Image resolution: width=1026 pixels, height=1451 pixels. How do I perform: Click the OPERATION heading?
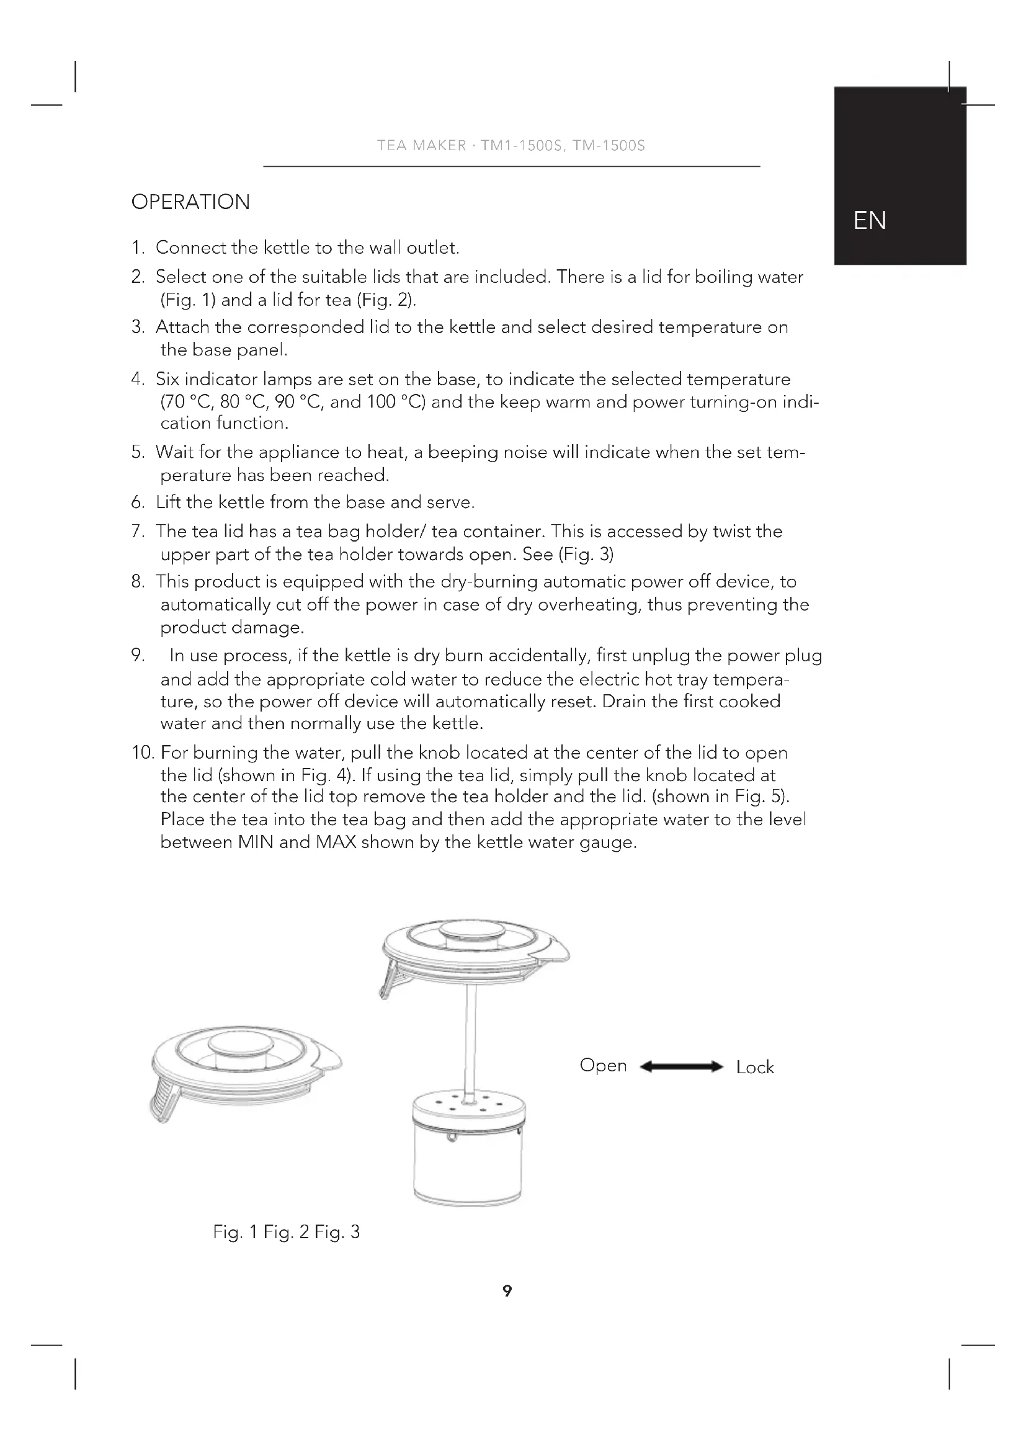[x=190, y=202]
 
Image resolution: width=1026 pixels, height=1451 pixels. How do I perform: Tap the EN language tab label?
[x=869, y=221]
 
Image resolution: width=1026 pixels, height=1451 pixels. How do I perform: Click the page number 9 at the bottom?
[x=507, y=1291]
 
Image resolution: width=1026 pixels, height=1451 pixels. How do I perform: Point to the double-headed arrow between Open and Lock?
[x=681, y=1067]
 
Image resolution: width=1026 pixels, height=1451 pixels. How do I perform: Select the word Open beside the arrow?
[x=603, y=1066]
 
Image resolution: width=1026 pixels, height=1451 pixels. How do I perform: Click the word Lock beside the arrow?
[x=754, y=1068]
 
